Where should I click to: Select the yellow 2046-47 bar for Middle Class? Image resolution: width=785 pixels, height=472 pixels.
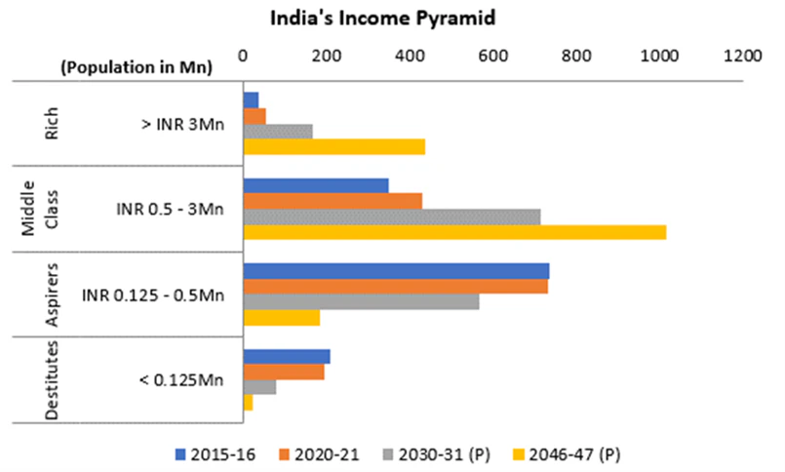(454, 232)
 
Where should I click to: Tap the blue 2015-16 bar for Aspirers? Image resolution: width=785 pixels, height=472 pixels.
(396, 271)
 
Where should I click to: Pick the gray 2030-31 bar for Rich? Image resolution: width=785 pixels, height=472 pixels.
(278, 131)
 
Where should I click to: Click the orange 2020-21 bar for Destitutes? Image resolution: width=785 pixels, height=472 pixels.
(284, 373)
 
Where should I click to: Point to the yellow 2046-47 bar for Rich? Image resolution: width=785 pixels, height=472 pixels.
(334, 146)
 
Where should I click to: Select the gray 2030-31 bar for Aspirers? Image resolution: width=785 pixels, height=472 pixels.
(361, 302)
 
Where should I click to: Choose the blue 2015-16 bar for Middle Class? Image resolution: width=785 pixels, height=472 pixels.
(315, 185)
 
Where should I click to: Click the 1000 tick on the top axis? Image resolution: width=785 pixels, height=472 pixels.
(659, 57)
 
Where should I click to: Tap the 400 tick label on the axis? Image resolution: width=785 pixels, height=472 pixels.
(410, 57)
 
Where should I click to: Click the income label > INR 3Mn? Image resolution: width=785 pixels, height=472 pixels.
(182, 124)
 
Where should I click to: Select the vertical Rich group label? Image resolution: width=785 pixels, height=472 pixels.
(50, 124)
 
